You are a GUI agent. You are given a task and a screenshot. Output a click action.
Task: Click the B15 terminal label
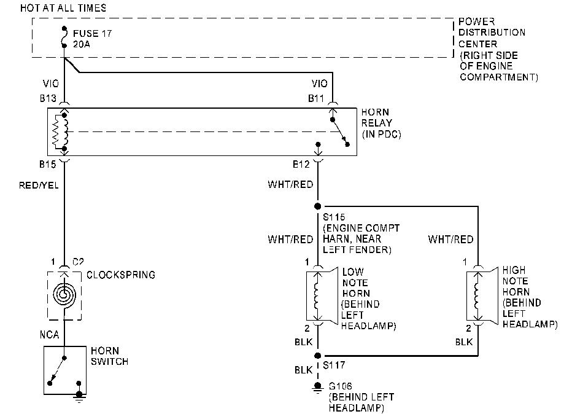pyautogui.click(x=48, y=165)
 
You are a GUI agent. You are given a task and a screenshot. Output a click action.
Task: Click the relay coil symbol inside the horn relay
pyautogui.click(x=60, y=131)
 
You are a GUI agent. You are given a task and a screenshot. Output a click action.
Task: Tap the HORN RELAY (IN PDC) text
pyautogui.click(x=380, y=123)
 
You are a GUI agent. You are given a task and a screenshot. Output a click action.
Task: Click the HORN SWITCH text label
pyautogui.click(x=109, y=356)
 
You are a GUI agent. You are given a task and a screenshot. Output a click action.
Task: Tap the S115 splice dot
pyautogui.click(x=318, y=206)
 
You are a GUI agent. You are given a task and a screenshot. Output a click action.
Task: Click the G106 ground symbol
pyautogui.click(x=318, y=386)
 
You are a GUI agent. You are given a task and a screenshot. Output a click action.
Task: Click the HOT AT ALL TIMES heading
pyautogui.click(x=63, y=8)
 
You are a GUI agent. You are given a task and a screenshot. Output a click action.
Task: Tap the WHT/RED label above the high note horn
pyautogui.click(x=450, y=240)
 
